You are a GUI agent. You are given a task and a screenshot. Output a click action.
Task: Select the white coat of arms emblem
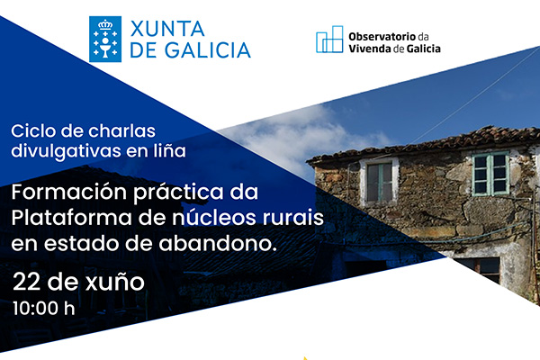tap(105, 39)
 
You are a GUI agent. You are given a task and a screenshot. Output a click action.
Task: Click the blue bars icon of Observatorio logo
tap(329, 40)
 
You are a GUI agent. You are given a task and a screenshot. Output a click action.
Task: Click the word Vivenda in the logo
tap(373, 48)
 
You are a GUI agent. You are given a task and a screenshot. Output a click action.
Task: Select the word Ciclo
tap(30, 130)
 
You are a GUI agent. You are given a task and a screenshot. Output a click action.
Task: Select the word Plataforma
tap(62, 219)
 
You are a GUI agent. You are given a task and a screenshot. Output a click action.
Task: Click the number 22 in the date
tap(25, 281)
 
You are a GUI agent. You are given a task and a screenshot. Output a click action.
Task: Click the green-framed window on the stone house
tap(491, 174)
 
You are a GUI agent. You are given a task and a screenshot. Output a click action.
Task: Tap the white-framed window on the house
tap(380, 180)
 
